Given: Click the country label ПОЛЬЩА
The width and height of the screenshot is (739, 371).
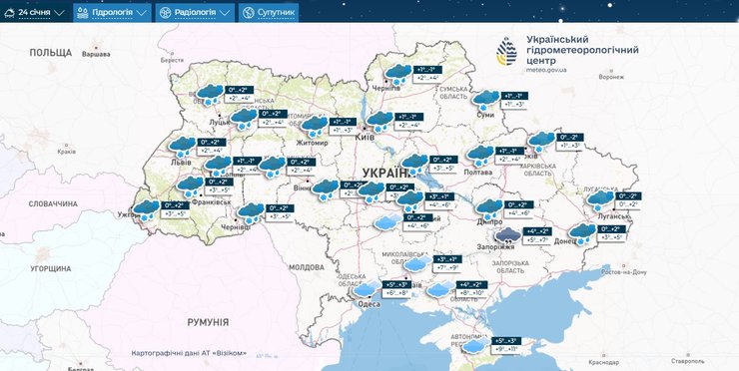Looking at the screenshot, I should click(x=50, y=51).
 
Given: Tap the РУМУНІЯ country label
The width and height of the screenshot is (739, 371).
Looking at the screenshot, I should click(x=208, y=322).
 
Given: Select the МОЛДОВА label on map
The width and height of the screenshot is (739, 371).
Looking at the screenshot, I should click(x=307, y=267).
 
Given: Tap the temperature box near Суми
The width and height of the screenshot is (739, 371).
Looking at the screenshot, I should click(x=513, y=99).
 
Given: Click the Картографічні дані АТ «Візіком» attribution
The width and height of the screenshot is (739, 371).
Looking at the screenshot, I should click(x=189, y=354).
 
